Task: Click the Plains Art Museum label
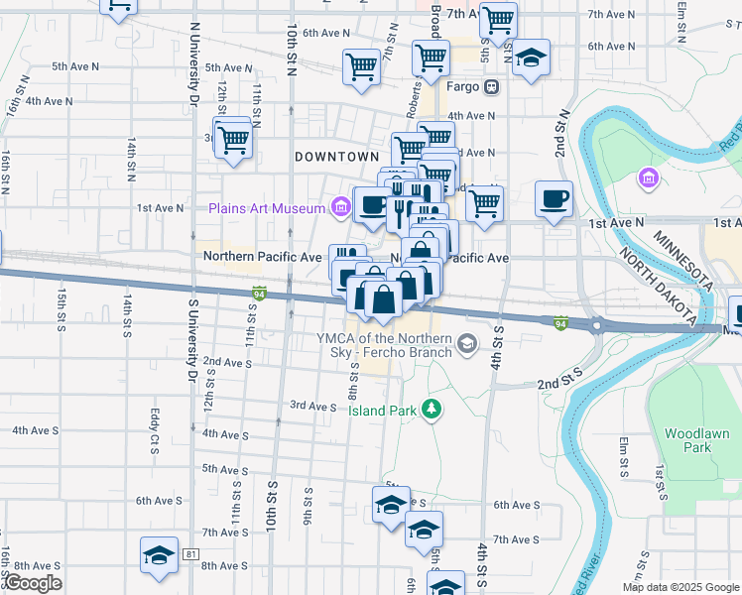click(266, 208)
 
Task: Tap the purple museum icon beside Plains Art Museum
click(341, 207)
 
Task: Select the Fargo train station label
click(468, 86)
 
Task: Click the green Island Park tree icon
click(431, 408)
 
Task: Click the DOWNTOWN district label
click(337, 157)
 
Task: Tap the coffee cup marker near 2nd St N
click(554, 198)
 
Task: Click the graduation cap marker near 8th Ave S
click(159, 555)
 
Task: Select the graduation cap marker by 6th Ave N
click(532, 58)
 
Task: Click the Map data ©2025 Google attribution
click(680, 587)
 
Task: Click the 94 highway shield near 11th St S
click(259, 294)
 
